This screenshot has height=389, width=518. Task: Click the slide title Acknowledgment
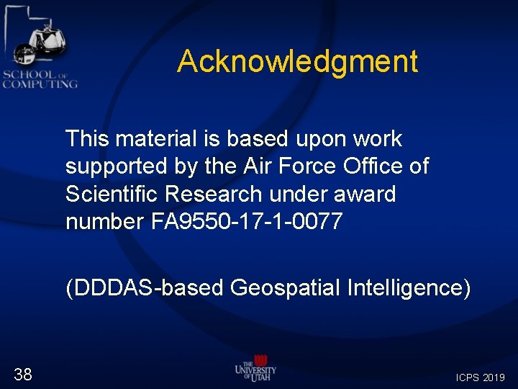pyautogui.click(x=297, y=61)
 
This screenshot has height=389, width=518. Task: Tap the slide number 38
pyautogui.click(x=23, y=374)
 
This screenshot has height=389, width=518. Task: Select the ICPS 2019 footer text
pyautogui.click(x=481, y=377)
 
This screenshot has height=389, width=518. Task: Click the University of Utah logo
pyautogui.click(x=255, y=370)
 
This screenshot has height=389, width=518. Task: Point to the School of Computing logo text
pyautogui.click(x=40, y=79)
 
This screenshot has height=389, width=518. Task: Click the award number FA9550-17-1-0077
pyautogui.click(x=247, y=222)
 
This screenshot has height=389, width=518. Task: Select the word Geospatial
pyautogui.click(x=288, y=288)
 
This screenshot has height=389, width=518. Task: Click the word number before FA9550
pyautogui.click(x=104, y=222)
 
